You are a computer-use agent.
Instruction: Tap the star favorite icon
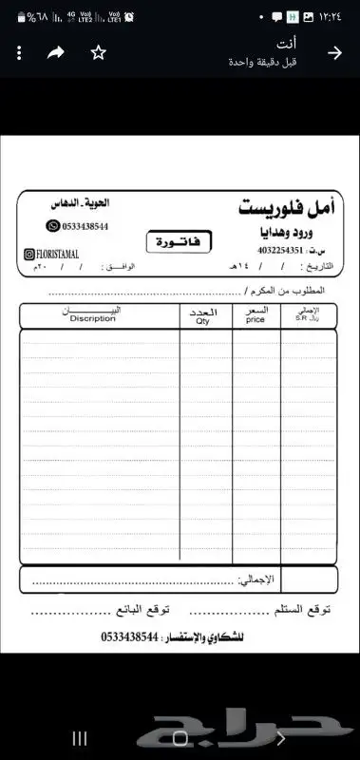(98, 53)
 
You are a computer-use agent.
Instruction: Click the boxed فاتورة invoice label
(180, 241)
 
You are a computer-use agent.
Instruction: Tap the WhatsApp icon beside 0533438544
(53, 226)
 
